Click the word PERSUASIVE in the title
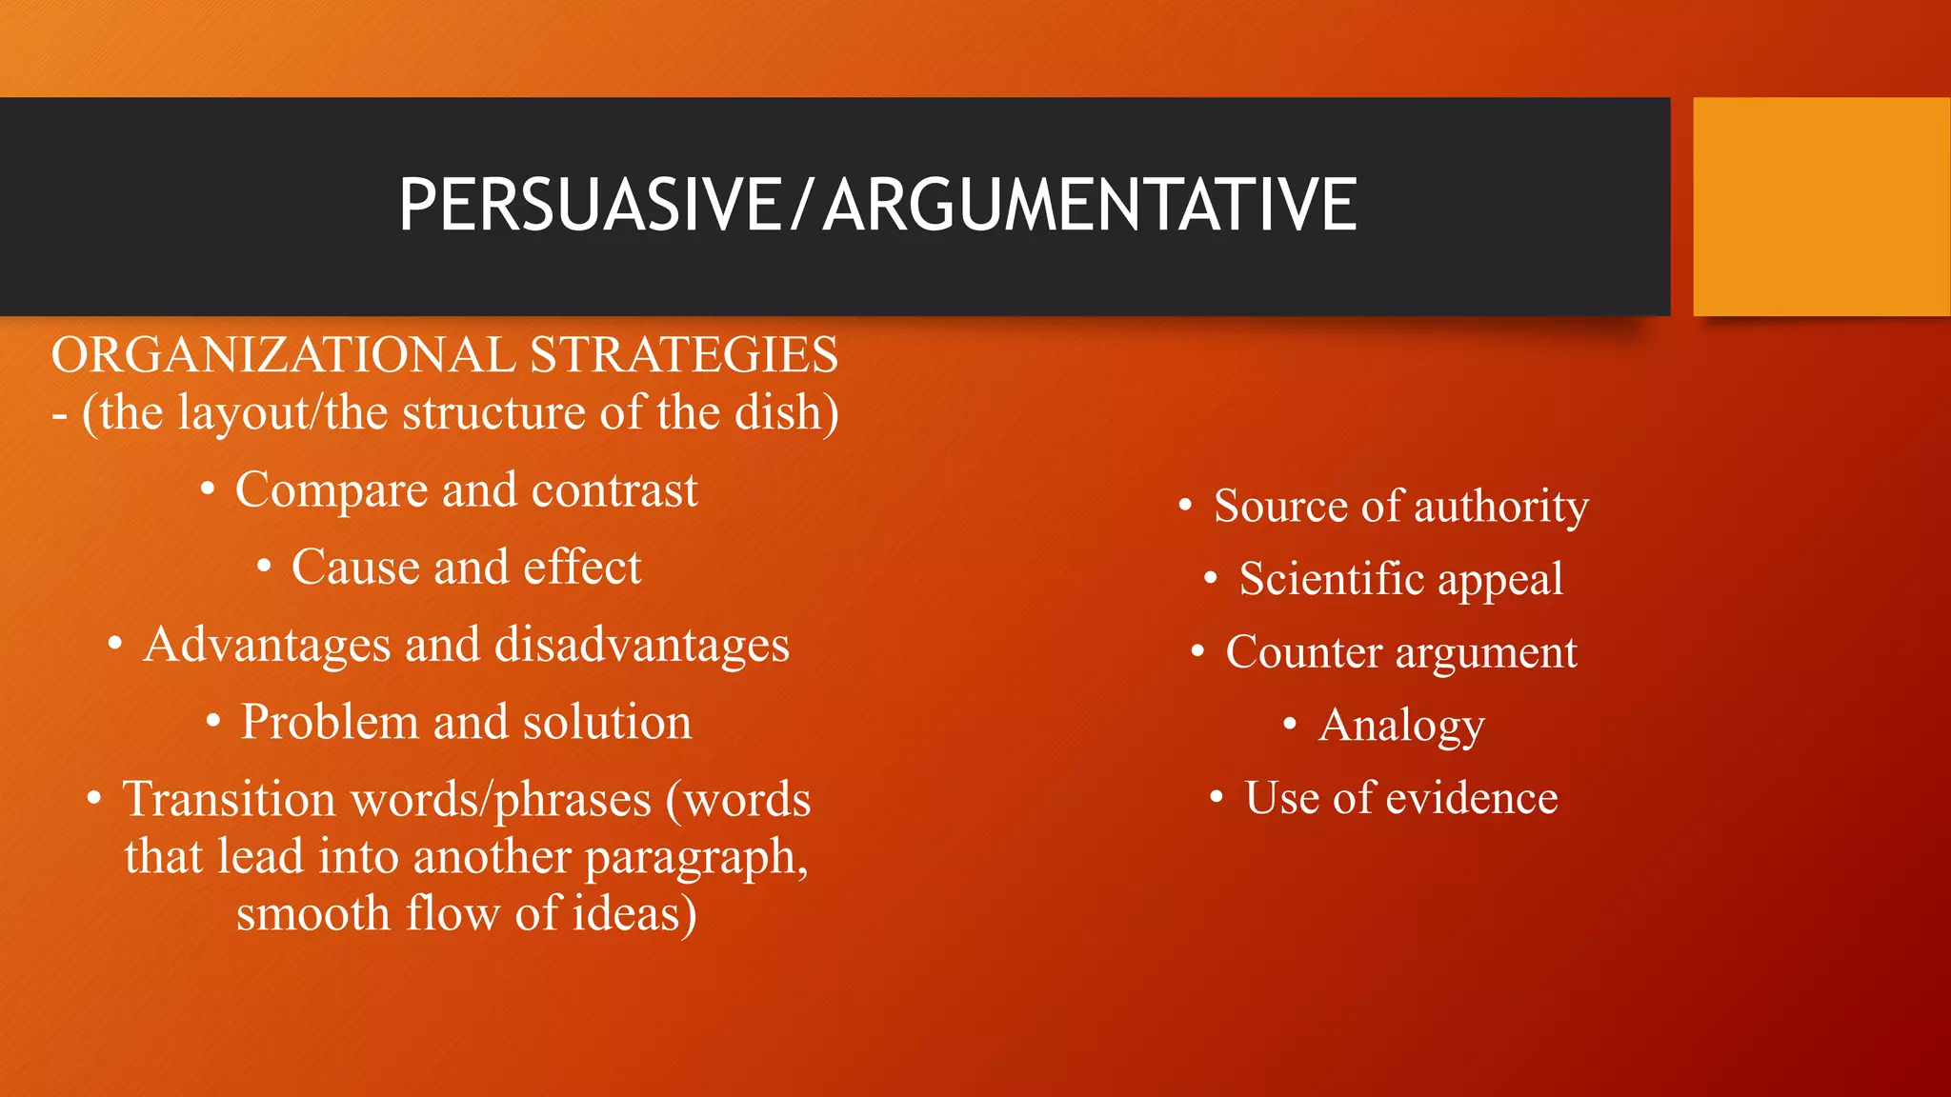590,205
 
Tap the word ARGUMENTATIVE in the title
1090,205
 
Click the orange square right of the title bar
1821,207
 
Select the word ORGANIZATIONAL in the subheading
283,355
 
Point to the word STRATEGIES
684,355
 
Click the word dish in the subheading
785,413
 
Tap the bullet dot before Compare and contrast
208,490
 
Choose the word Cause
355,568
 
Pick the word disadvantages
642,646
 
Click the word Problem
330,722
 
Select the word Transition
229,799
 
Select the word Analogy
1401,727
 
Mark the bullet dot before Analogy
1290,725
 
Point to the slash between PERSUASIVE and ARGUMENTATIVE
802,205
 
